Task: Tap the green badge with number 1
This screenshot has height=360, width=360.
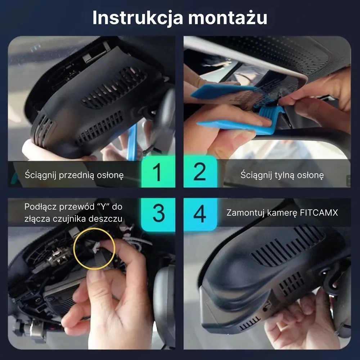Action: click(x=158, y=172)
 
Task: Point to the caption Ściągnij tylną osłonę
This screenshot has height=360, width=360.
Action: click(x=282, y=175)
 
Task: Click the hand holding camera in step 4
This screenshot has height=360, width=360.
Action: click(x=299, y=320)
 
